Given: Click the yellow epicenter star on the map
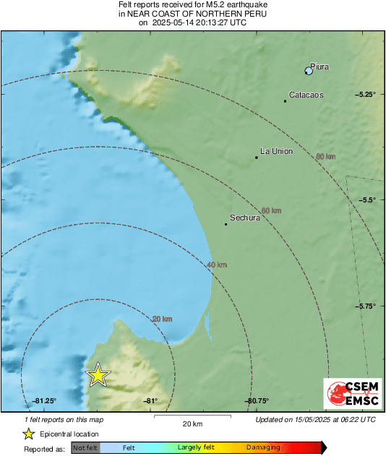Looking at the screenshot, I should tap(98, 375).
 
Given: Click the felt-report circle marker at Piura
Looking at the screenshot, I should tap(309, 70).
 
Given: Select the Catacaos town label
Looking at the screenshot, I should tap(306, 95).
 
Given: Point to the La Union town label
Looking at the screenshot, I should tap(276, 152).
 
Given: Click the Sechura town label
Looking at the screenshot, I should tap(244, 217).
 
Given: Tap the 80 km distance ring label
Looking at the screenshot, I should tap(325, 156).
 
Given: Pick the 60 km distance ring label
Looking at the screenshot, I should tap(271, 210).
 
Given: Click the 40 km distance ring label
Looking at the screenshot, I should tap(217, 265).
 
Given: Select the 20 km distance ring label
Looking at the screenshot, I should tap(162, 319).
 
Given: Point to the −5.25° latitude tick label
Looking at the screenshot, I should tap(366, 95).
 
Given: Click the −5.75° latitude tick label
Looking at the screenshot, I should tap(366, 306).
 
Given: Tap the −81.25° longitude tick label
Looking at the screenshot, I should tap(44, 401).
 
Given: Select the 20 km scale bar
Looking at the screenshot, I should tap(192, 417).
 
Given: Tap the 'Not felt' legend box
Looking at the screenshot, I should tap(85, 448).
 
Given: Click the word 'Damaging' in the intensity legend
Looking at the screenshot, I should tap(263, 448).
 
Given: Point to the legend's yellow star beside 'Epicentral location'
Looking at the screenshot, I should tap(28, 434).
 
